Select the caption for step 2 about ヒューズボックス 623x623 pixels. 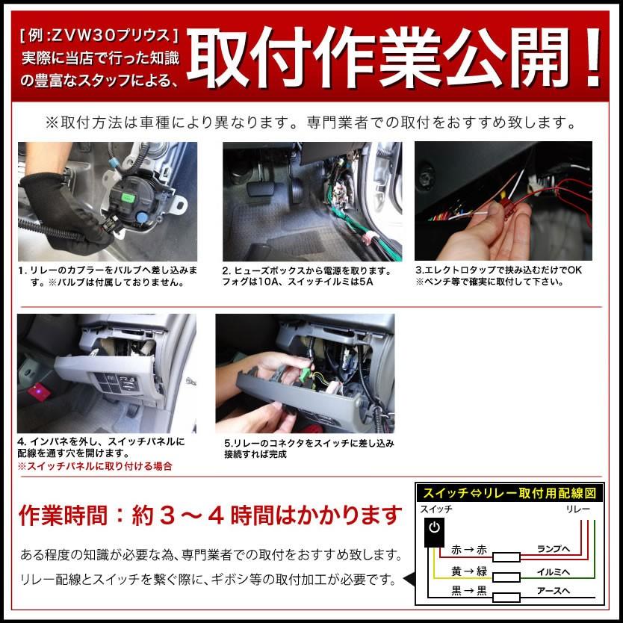point(306,276)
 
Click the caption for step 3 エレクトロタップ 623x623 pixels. point(499,276)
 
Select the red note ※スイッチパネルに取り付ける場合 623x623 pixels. point(95,466)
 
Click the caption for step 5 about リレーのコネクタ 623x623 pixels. point(309,448)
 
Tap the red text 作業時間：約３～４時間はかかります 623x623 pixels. point(210,515)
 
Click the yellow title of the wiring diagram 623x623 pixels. point(508,492)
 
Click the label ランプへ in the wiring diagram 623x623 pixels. point(554,548)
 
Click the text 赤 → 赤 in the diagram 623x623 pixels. point(468,551)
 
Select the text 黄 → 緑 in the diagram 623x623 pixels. point(468,571)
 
